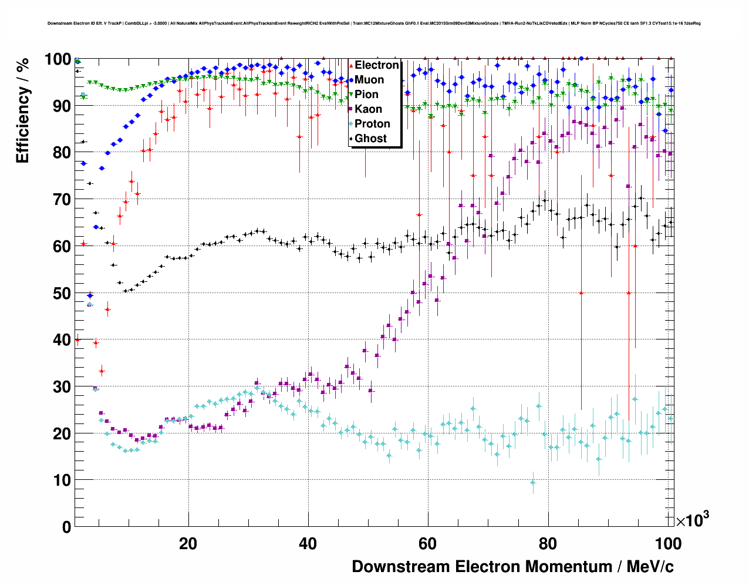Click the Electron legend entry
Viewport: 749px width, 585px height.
[x=376, y=65]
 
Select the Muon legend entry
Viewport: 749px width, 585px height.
[x=369, y=80]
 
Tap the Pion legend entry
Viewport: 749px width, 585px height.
[x=366, y=95]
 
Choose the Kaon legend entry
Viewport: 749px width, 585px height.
[x=368, y=109]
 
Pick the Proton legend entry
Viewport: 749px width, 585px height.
[x=372, y=124]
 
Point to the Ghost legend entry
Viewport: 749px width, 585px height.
[x=370, y=139]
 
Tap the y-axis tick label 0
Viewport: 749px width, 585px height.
[x=66, y=527]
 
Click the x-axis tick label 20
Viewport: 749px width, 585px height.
[x=188, y=544]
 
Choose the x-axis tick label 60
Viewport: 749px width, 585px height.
[x=427, y=544]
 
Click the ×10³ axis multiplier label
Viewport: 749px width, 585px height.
[x=692, y=520]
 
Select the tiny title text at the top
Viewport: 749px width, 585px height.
[x=374, y=23]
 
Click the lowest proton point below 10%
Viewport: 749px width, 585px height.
[x=532, y=482]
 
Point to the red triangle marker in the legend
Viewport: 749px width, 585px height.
[x=351, y=65]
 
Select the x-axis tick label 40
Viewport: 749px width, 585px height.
[x=308, y=544]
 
